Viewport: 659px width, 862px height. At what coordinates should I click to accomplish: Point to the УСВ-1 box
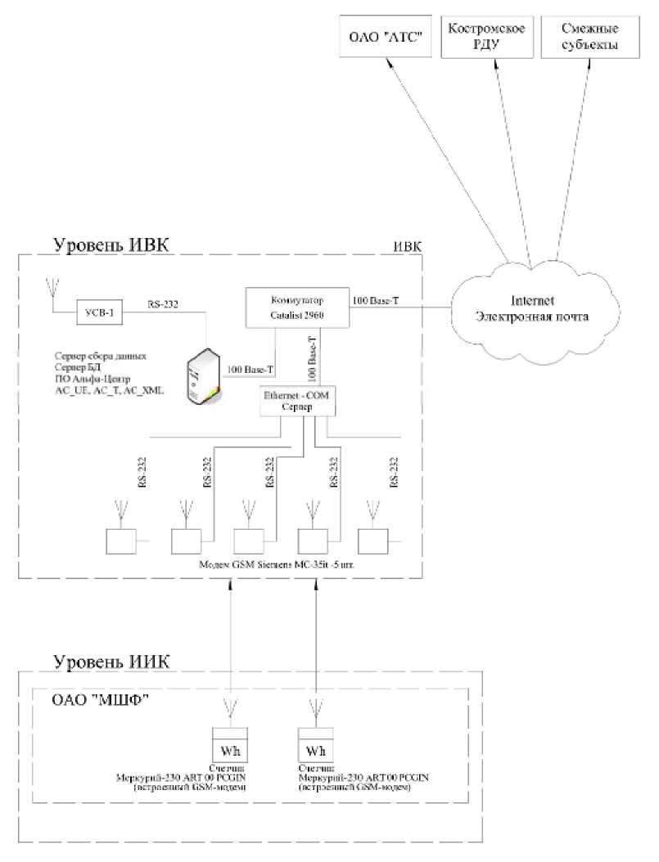[x=98, y=312]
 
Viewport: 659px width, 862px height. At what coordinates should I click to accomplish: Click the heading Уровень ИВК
[x=111, y=245]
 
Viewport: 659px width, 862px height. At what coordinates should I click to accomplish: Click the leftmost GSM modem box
[x=121, y=541]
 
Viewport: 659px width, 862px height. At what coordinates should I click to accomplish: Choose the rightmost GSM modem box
[x=374, y=541]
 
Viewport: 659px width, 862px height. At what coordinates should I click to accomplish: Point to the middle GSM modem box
[x=249, y=541]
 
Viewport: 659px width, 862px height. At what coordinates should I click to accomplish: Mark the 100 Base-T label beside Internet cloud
[x=374, y=303]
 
